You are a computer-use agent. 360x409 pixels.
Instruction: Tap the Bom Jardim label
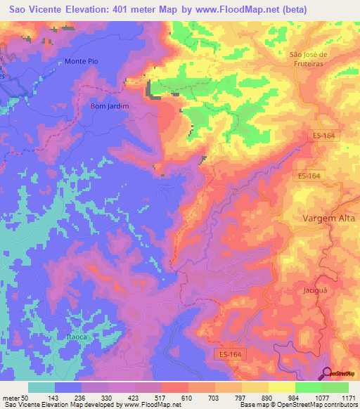(108, 106)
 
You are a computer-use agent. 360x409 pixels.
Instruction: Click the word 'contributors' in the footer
(337, 405)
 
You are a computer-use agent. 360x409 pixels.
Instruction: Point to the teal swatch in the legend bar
(41, 387)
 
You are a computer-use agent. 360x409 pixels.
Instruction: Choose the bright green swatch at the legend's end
(335, 387)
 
